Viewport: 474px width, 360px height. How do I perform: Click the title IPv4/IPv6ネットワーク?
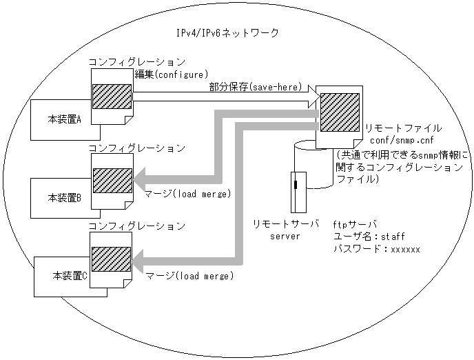[x=227, y=33]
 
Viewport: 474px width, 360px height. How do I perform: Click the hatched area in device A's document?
[x=112, y=97]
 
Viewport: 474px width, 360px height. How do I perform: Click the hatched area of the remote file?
[x=338, y=114]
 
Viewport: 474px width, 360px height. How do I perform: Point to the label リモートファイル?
[x=402, y=128]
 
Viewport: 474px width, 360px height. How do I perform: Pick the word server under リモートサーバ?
[x=283, y=236]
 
